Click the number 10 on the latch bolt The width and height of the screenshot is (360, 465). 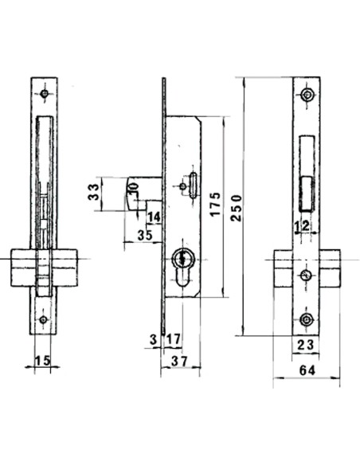point(132,187)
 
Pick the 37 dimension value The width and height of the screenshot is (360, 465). point(178,362)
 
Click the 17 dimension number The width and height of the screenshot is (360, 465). point(173,340)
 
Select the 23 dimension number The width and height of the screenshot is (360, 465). point(306,343)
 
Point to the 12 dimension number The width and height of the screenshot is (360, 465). point(302,227)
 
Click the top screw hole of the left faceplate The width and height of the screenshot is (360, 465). point(45,94)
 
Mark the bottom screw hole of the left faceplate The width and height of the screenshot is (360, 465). point(45,321)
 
